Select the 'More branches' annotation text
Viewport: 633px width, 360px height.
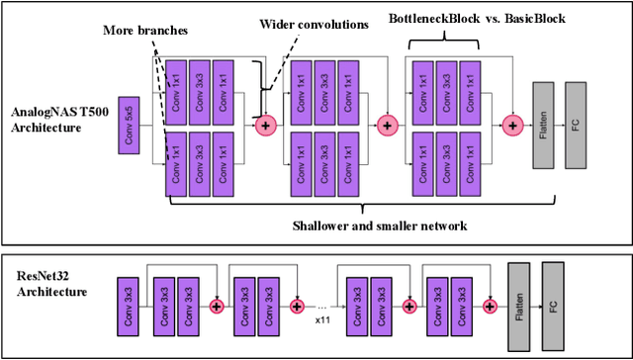pos(144,31)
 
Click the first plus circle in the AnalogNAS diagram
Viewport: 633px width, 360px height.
pos(264,125)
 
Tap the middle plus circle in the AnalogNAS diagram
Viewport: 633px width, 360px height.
pos(387,125)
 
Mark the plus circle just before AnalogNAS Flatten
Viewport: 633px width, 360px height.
pos(511,125)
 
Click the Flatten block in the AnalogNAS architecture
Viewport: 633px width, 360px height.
pos(544,127)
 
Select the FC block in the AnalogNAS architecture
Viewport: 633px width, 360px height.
pos(578,127)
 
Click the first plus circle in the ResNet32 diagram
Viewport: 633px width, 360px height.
pos(216,307)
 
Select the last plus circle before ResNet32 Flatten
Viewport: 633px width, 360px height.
pos(486,307)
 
